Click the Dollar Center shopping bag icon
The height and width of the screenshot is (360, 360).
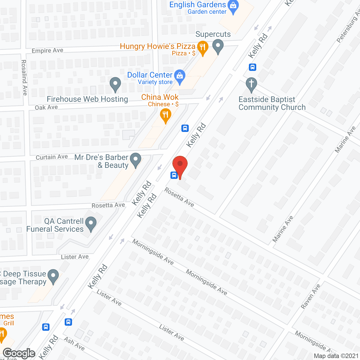[x=180, y=76]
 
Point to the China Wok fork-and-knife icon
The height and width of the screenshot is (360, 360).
[x=165, y=115]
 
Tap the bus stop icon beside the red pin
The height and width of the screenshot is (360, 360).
[x=174, y=175]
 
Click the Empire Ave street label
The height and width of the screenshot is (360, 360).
[x=48, y=51]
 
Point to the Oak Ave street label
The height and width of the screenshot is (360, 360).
[x=46, y=107]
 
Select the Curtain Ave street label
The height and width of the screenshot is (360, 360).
[x=52, y=157]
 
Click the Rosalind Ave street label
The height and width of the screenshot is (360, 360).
[x=24, y=77]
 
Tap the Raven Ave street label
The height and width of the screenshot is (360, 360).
[x=310, y=296]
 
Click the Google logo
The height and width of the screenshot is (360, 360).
[x=19, y=353]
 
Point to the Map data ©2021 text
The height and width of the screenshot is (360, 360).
[x=336, y=356]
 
